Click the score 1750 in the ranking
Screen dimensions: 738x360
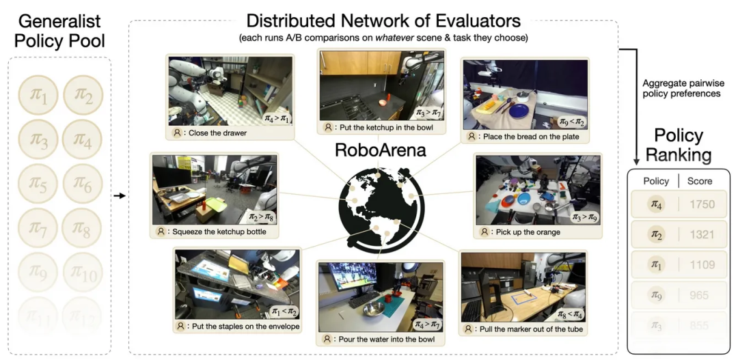pos(702,204)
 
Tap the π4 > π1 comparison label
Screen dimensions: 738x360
pos(277,118)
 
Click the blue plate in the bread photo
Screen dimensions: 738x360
pos(519,111)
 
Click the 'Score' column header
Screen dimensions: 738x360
pos(700,181)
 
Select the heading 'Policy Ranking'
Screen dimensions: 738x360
pos(679,144)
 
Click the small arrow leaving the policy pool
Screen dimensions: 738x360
pos(119,196)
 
